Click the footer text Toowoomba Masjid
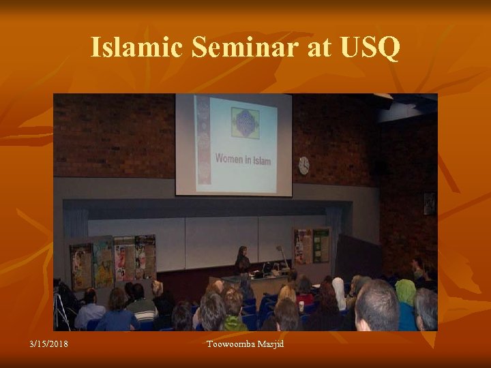pyautogui.click(x=245, y=343)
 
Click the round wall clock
pyautogui.click(x=303, y=166)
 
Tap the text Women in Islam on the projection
pyautogui.click(x=243, y=160)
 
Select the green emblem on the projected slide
pyautogui.click(x=245, y=123)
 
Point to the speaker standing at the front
pyautogui.click(x=241, y=261)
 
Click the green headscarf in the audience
pyautogui.click(x=405, y=292)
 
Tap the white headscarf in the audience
pyautogui.click(x=339, y=292)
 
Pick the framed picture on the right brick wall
pyautogui.click(x=428, y=203)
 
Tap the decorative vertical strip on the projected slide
pyautogui.click(x=203, y=143)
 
